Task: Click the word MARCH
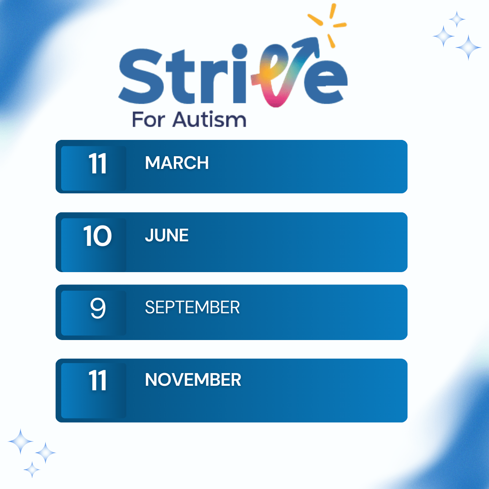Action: pos(177,163)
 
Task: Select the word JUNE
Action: pos(167,235)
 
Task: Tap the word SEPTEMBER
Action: pos(192,308)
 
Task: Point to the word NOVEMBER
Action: pos(193,380)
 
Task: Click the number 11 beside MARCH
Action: pos(97,163)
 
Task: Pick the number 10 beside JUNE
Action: pos(97,236)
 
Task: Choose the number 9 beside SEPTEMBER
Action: pos(98,308)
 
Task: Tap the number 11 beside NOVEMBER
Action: pos(97,380)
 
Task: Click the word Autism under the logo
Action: pos(209,120)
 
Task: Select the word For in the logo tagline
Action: pos(147,120)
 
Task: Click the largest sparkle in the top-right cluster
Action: pos(468,47)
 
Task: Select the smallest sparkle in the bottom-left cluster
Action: pos(32,470)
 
